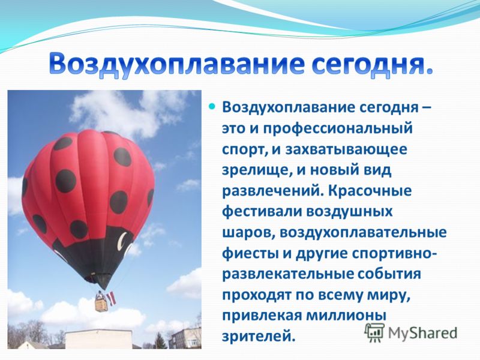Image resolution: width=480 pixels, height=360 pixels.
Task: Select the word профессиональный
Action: coord(337,128)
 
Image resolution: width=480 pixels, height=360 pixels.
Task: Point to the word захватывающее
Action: coord(346,149)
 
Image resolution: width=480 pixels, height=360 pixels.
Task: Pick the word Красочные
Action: coord(370,191)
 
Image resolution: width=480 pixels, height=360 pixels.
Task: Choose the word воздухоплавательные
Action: coord(363,233)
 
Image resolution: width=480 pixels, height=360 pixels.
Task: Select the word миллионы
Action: coord(346,316)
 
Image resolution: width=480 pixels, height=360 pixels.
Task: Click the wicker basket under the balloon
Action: coord(101,305)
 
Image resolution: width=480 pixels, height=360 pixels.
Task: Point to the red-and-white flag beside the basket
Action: coord(112,298)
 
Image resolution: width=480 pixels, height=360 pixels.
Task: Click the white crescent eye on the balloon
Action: coord(124,241)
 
